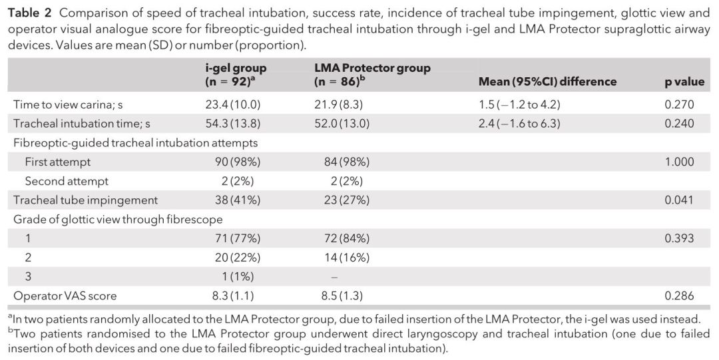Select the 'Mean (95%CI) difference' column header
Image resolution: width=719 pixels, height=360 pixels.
click(547, 82)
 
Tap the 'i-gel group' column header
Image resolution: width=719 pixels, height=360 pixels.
click(236, 75)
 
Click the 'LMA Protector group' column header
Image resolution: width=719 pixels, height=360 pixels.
click(372, 75)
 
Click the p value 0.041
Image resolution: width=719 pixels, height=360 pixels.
click(679, 200)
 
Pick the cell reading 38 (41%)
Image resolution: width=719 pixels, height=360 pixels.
click(230, 200)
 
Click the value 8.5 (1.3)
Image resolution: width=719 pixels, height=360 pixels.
click(341, 296)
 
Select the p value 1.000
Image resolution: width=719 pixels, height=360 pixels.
click(679, 162)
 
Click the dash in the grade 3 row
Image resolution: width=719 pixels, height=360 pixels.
click(334, 277)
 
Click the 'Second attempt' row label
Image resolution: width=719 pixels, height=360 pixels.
click(67, 181)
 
